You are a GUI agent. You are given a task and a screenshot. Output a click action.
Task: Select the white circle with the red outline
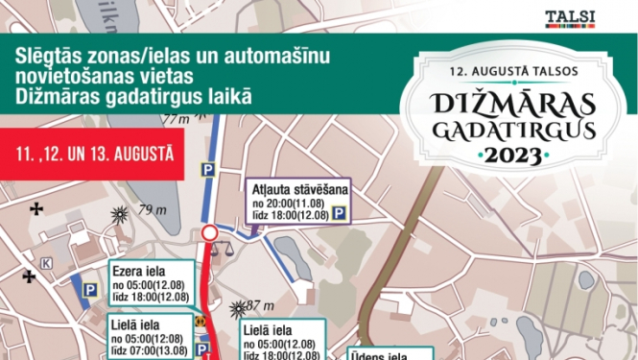[210, 233]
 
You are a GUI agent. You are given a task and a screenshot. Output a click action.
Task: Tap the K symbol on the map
[46, 263]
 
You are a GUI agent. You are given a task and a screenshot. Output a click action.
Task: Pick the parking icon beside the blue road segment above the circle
[206, 168]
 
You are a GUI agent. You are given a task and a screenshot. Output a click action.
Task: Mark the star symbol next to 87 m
[239, 309]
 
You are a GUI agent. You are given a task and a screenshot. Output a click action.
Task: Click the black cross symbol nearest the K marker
[30, 276]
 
